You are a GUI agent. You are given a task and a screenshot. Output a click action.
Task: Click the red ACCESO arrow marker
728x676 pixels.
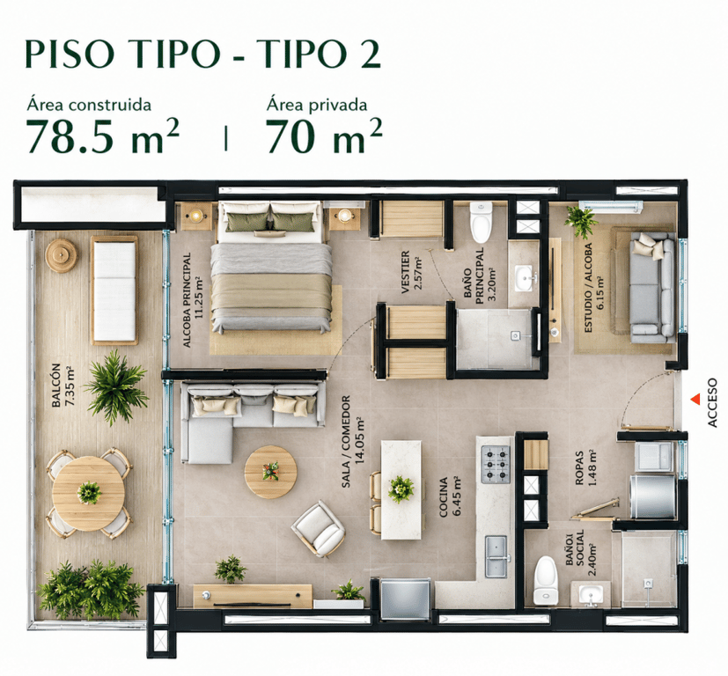tap(695, 399)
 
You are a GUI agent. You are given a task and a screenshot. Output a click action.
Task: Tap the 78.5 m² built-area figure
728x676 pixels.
tap(103, 136)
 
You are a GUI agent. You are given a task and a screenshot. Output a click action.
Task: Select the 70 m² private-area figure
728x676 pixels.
tap(324, 136)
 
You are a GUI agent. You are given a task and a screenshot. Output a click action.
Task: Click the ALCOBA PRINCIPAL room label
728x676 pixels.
tap(193, 300)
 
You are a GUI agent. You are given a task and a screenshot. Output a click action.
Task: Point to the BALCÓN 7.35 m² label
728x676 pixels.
tap(63, 386)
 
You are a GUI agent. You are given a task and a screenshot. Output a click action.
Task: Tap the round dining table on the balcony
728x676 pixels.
tap(88, 493)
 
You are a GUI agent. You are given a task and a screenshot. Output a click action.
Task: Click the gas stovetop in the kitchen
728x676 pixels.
tap(496, 464)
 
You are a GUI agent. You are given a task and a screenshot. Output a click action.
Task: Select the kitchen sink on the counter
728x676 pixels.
tap(496, 556)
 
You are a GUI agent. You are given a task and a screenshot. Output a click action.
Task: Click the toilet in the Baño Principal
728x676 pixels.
tap(481, 223)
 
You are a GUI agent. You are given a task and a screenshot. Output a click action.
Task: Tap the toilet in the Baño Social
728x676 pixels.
tap(546, 580)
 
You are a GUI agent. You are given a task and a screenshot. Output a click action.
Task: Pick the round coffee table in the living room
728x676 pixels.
tap(270, 472)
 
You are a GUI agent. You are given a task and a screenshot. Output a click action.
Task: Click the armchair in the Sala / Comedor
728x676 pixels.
tap(319, 529)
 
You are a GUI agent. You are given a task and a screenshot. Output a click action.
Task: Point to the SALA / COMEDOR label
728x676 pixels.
tap(353, 441)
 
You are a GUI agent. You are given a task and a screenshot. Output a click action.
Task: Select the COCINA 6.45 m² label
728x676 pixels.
tap(450, 496)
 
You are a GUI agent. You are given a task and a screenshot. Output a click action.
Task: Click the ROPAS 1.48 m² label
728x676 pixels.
tap(585, 468)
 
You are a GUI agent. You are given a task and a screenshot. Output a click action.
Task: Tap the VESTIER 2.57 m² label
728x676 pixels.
tap(411, 272)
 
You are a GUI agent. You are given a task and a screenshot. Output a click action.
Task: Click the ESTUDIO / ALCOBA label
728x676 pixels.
tap(594, 288)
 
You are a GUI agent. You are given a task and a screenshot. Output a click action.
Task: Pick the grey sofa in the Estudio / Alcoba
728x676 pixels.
tap(651, 288)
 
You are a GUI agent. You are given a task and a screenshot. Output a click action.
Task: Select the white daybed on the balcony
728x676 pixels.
tap(114, 290)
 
